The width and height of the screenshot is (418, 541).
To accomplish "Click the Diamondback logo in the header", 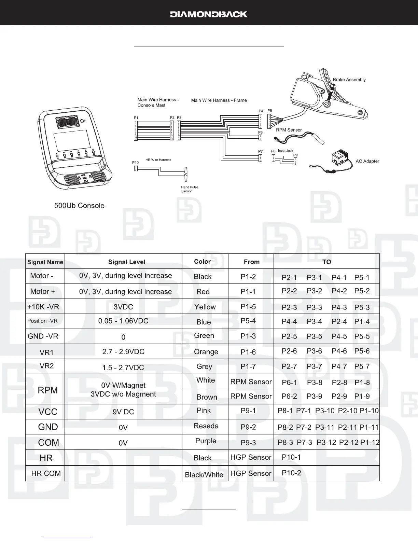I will tap(209, 14).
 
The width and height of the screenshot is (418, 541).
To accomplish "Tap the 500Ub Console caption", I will tap(79, 206).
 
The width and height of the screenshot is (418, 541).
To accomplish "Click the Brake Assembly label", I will tap(349, 80).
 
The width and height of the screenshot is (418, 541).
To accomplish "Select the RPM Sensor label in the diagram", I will tap(289, 130).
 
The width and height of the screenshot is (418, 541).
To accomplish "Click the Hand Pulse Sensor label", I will tap(190, 189).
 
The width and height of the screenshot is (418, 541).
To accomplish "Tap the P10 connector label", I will tap(136, 163).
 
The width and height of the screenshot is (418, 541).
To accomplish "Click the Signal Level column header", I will tap(127, 262).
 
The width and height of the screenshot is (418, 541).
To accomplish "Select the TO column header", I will tap(326, 262).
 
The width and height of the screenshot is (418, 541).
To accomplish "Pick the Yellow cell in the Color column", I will tap(205, 307).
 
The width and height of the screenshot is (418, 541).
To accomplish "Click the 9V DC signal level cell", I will tap(123, 412).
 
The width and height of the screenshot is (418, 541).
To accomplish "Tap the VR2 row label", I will tap(47, 366).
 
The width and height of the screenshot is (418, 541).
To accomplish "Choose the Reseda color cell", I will tap(206, 426).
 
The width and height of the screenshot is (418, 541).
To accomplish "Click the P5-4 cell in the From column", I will tap(248, 321).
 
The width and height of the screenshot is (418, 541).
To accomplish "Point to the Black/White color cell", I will tap(204, 474).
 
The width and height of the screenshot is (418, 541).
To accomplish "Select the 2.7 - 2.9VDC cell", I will tap(123, 351).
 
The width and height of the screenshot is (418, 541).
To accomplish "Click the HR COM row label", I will tap(46, 473).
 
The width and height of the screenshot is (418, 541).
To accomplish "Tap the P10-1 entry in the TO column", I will tap(291, 457).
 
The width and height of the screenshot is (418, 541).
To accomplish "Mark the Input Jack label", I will tap(285, 151).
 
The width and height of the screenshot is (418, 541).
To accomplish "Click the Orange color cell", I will tap(206, 352).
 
